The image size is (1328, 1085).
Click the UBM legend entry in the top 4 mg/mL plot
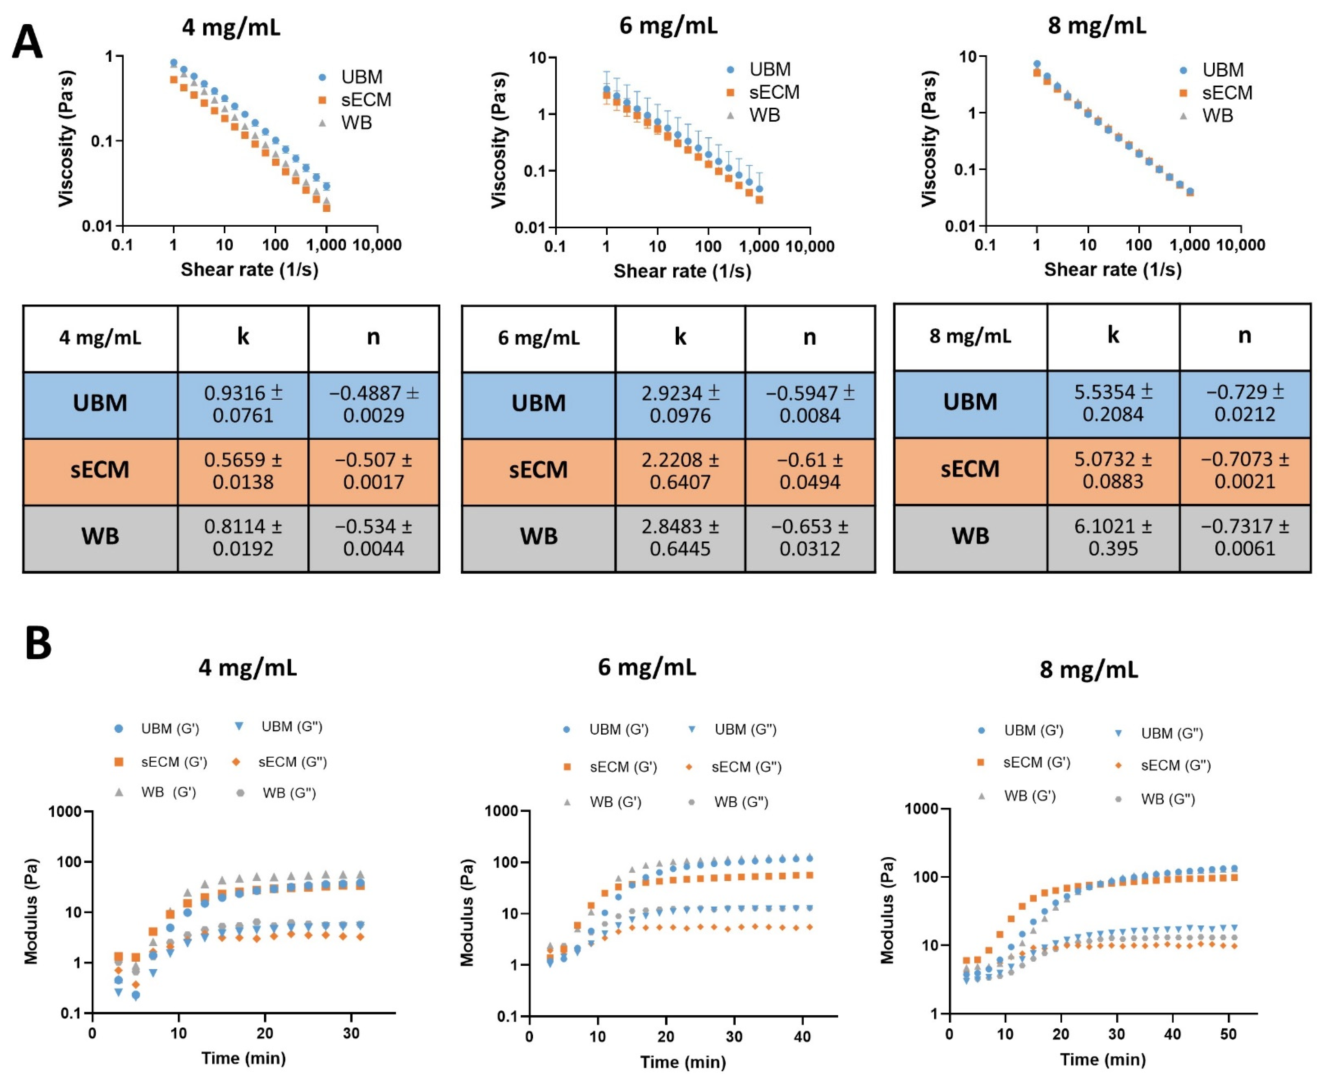353,77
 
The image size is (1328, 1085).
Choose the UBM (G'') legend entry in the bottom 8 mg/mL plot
1162,733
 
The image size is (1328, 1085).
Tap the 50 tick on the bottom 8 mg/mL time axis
1228,1034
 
